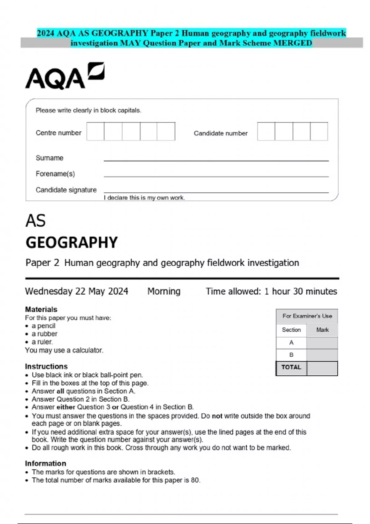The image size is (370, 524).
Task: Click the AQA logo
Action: point(65,76)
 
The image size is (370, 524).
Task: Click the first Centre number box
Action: point(95,132)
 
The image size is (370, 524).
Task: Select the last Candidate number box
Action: point(319,132)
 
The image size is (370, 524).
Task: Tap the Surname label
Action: point(49,158)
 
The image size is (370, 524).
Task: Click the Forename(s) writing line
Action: point(216,176)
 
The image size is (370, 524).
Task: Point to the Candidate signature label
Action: point(66,190)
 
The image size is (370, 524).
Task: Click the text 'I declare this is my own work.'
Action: point(144,198)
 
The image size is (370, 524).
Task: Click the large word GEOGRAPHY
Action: point(72,243)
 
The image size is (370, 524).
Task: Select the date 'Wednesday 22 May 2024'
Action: point(76,291)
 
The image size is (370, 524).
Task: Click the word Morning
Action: point(164,291)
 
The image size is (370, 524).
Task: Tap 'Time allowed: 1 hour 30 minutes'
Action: point(271,291)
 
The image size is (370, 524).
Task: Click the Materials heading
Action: point(41,309)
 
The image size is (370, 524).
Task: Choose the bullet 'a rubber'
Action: point(44,334)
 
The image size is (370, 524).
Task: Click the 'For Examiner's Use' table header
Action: point(307,316)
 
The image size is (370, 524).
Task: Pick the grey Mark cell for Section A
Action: point(322,343)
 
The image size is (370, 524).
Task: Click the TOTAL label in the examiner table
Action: point(291,367)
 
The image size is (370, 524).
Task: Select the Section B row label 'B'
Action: point(291,355)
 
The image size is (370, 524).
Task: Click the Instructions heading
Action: point(46,366)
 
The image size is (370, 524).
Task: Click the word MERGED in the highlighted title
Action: point(293,43)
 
